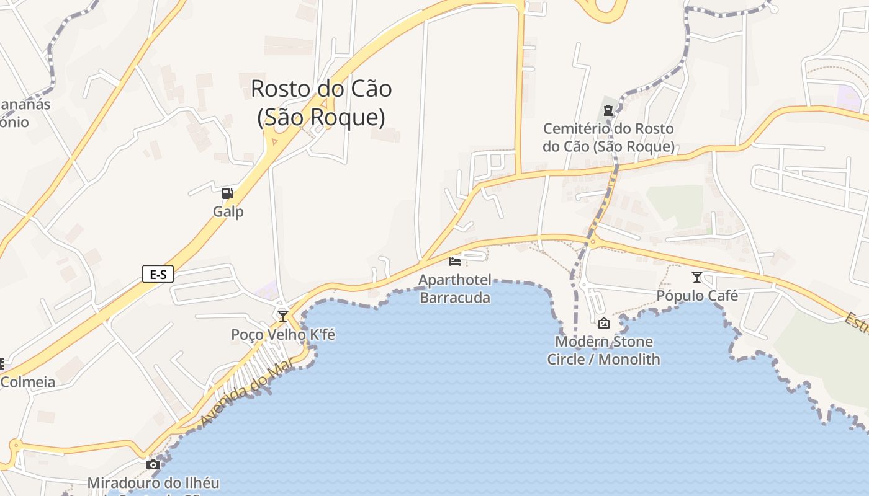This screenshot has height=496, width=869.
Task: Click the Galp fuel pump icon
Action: (228, 193)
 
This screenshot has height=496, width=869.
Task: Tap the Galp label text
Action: (228, 211)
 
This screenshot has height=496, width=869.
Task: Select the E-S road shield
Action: (158, 273)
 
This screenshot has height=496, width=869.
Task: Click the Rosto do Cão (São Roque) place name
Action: (321, 102)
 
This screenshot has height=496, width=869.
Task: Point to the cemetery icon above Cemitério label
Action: (608, 111)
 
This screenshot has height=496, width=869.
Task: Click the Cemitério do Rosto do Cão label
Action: (608, 138)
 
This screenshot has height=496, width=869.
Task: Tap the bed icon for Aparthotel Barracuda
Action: (455, 261)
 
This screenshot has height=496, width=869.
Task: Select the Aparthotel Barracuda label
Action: (455, 289)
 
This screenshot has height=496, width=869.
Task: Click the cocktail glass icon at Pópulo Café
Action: (696, 277)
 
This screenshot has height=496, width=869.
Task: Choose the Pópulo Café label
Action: (697, 296)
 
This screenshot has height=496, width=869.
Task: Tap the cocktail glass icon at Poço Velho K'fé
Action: (283, 316)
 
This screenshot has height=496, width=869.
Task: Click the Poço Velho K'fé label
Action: (283, 335)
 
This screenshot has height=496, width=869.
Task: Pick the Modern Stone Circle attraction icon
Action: (603, 323)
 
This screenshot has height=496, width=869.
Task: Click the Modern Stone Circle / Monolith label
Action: (603, 350)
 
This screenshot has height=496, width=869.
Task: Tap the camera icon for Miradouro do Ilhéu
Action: (153, 464)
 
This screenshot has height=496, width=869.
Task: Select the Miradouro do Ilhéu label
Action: (153, 482)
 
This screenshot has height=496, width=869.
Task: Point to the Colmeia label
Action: (28, 382)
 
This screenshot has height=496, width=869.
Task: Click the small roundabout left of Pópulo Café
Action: (593, 242)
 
